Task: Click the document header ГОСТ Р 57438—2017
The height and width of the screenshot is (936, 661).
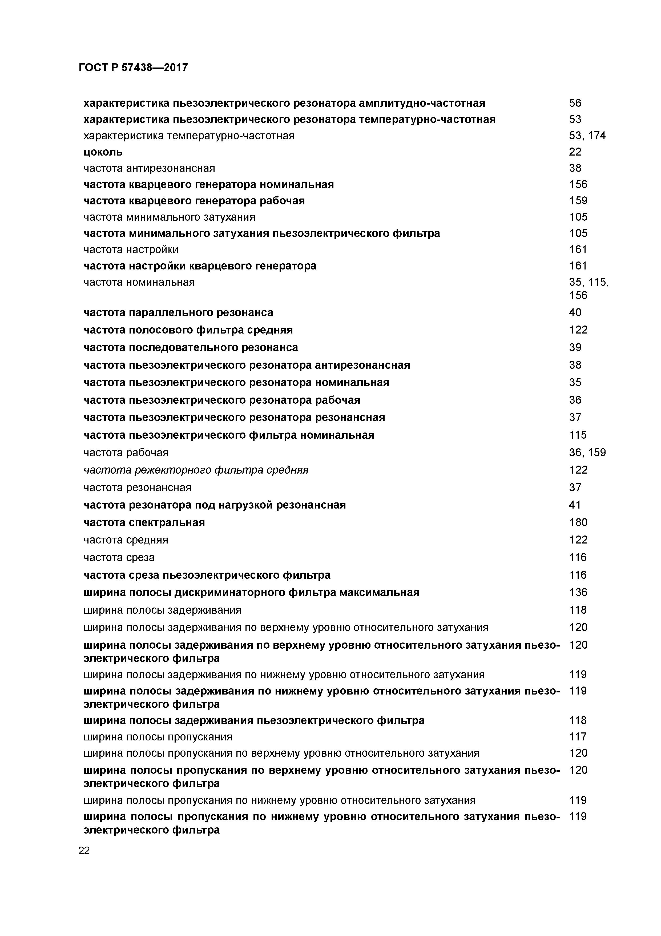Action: tap(133, 67)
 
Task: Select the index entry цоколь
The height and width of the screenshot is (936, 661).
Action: tap(103, 152)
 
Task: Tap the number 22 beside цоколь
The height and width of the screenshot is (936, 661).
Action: tap(575, 152)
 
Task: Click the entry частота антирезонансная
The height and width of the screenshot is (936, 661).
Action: tap(149, 168)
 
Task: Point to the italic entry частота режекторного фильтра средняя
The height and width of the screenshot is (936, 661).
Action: tap(196, 470)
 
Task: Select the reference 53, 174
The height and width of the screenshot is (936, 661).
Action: tap(587, 136)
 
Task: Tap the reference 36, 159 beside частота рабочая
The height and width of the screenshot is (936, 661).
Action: tap(587, 453)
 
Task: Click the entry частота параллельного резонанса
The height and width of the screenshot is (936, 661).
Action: tap(178, 313)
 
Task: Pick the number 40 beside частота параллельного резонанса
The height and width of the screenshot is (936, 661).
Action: tap(575, 313)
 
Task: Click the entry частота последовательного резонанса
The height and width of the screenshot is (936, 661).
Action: tap(191, 347)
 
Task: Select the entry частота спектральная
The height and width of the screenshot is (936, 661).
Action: tap(144, 522)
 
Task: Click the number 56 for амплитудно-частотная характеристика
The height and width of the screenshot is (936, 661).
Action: tap(575, 103)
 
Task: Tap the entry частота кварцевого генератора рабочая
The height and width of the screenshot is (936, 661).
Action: tap(194, 201)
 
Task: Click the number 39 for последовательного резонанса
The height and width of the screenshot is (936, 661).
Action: tap(575, 347)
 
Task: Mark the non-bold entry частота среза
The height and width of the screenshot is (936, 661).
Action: tap(119, 557)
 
